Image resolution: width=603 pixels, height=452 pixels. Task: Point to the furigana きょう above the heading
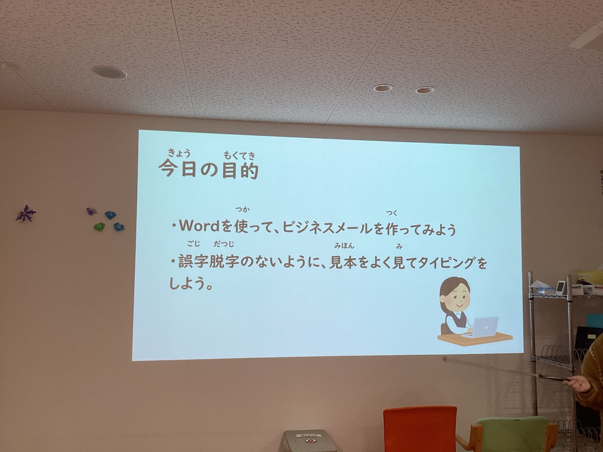(179, 153)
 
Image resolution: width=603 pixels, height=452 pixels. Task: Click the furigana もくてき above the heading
(240, 156)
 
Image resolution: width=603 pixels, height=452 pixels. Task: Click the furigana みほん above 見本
(344, 246)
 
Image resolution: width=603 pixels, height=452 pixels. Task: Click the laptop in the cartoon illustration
(481, 327)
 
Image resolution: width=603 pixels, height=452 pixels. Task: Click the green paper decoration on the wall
(99, 226)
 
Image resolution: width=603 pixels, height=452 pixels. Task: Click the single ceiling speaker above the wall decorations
(110, 72)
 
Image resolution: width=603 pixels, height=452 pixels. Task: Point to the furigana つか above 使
(242, 210)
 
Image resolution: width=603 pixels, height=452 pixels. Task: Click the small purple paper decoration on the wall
(91, 211)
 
